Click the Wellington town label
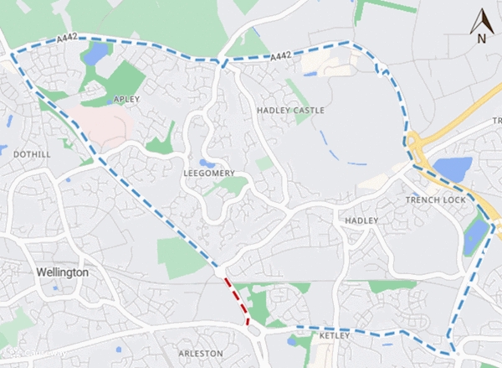pyautogui.click(x=63, y=272)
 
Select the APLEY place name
pyautogui.click(x=120, y=99)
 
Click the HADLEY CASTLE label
pyautogui.click(x=291, y=111)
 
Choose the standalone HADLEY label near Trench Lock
pyautogui.click(x=361, y=220)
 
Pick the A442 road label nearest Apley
pyautogui.click(x=69, y=39)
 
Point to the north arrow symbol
pyautogui.click(x=480, y=20)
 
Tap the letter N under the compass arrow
pyautogui.click(x=481, y=39)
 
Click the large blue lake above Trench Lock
pyautogui.click(x=453, y=169)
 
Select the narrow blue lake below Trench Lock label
pyautogui.click(x=474, y=234)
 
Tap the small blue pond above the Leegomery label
pyautogui.click(x=207, y=163)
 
